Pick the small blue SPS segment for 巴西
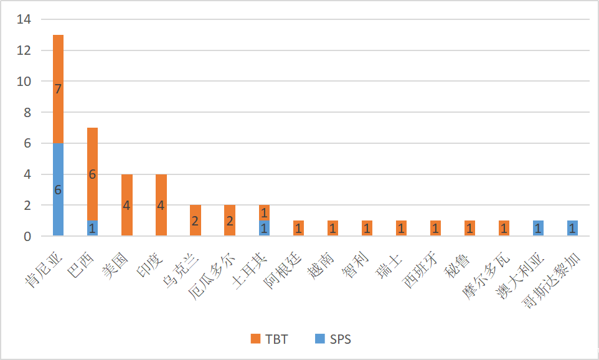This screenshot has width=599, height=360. pyautogui.click(x=92, y=228)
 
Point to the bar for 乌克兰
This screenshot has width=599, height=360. pyautogui.click(x=195, y=220)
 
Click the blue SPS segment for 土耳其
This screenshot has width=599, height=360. pyautogui.click(x=264, y=228)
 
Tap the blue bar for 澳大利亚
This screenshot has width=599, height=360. pyautogui.click(x=539, y=228)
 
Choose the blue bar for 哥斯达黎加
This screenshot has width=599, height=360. pyautogui.click(x=573, y=228)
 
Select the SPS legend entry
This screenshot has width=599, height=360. pyautogui.click(x=333, y=339)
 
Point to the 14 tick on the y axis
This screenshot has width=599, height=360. pyautogui.click(x=24, y=19)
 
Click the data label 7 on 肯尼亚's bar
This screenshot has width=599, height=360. pyautogui.click(x=58, y=89)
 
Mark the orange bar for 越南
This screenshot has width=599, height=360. pyautogui.click(x=333, y=228)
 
